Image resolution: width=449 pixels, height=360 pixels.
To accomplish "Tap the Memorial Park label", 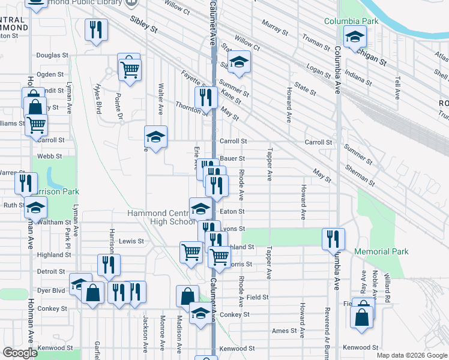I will click(x=381, y=251).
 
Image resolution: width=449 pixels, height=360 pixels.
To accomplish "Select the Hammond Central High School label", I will click(x=161, y=217).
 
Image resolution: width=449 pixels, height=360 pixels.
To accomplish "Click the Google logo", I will click(x=20, y=353).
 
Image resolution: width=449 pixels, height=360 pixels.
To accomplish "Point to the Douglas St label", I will click(x=52, y=55).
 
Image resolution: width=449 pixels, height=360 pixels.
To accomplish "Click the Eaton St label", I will click(x=232, y=211).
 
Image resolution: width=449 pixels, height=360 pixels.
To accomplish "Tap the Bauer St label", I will click(x=232, y=158).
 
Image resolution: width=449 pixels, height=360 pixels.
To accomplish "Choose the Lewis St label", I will click(x=131, y=241).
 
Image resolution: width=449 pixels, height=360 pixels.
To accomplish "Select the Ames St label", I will click(x=285, y=331).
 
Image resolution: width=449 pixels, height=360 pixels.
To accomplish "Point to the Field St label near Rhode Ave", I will click(x=257, y=297).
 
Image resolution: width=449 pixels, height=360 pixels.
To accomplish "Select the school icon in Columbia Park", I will click(x=355, y=38).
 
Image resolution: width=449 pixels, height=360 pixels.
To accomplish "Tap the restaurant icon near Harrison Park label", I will click(x=26, y=182).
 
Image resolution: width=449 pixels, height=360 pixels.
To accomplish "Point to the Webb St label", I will click(x=50, y=156).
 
